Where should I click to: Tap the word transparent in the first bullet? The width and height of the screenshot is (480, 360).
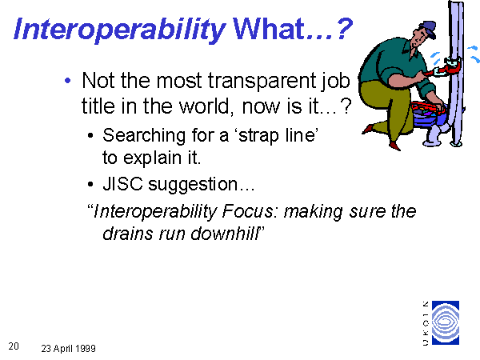pos(262,82)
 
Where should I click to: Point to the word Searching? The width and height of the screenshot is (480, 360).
pos(144,136)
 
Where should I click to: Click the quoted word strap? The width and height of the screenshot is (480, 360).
pos(257,136)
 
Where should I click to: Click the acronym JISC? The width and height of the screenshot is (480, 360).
pos(122,184)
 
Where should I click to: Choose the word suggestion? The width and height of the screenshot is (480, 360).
pos(193,185)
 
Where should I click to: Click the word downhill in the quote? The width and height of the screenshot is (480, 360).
pos(225,234)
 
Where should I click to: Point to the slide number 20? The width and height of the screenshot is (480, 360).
pos(14,346)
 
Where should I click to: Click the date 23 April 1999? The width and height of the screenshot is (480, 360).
pos(68,348)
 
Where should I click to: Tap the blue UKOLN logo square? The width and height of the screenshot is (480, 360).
pos(446,322)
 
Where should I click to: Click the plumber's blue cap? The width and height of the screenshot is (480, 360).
pos(429,28)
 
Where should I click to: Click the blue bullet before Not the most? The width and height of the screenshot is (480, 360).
pos(68,81)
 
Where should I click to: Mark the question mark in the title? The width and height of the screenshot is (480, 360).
pos(343,29)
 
